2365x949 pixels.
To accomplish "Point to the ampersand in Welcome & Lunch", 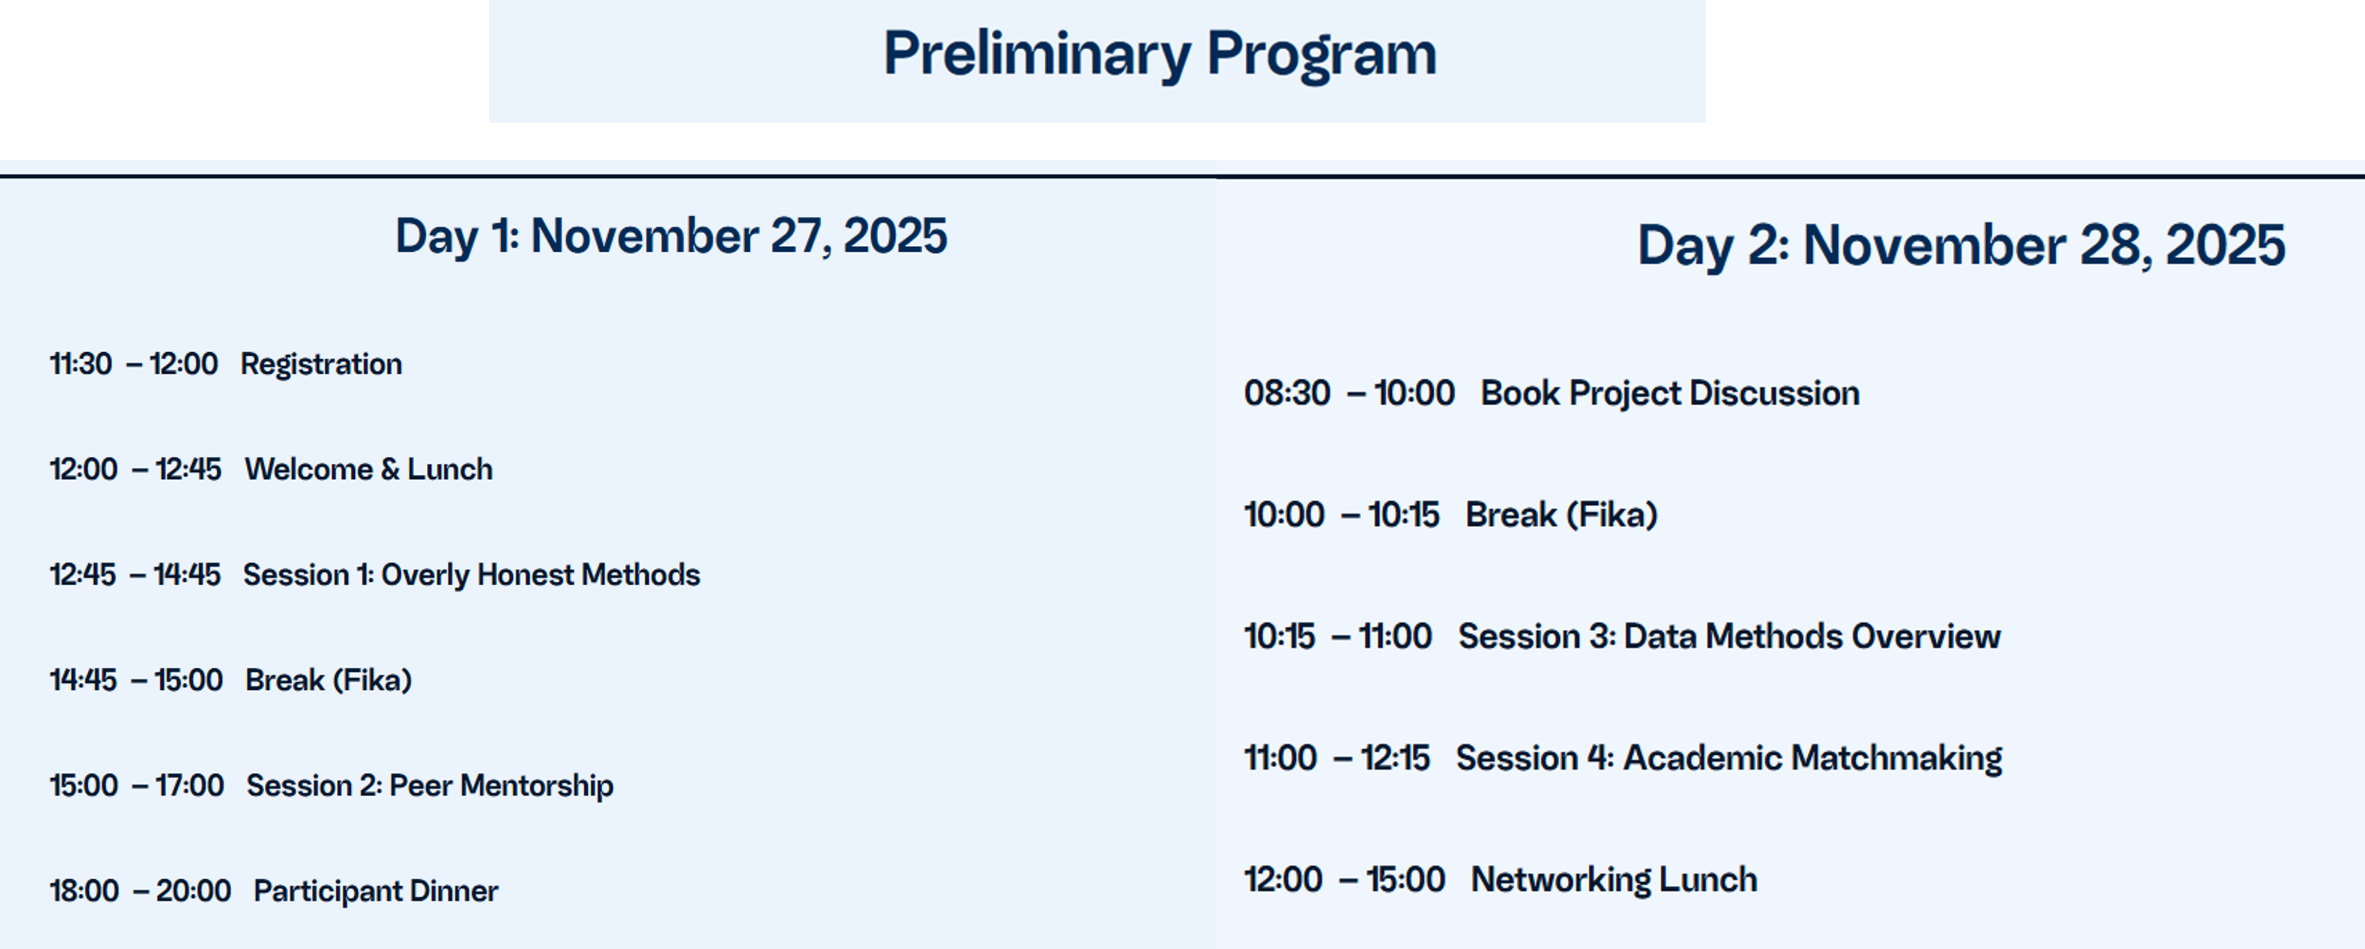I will point(390,469).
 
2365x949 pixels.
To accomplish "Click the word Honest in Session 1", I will point(525,575).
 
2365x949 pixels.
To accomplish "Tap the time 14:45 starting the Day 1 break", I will point(83,680).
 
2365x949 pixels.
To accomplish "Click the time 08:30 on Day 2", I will point(1286,393).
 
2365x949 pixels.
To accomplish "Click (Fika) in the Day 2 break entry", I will point(1611,514).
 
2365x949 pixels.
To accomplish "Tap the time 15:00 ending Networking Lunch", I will point(1405,879).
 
